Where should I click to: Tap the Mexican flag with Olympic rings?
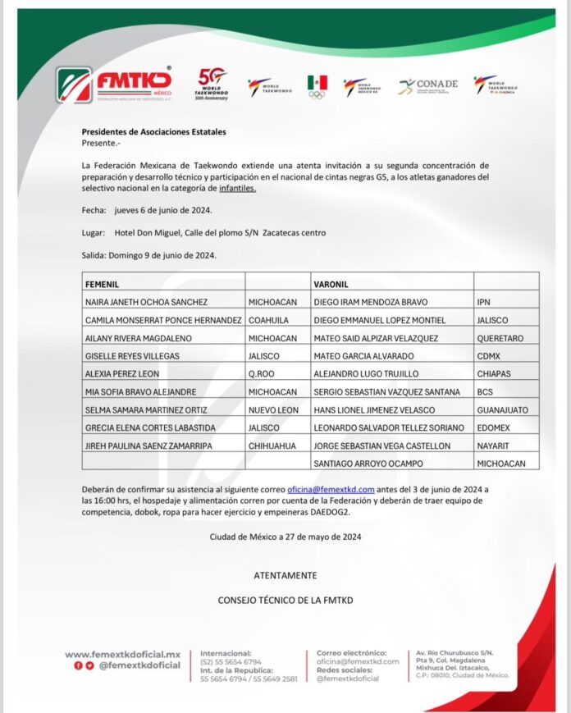coord(317,86)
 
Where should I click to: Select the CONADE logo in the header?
coord(428,85)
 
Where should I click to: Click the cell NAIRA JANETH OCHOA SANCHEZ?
coord(146,301)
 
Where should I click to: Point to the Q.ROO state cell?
coord(260,373)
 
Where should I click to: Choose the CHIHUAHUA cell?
coord(273,445)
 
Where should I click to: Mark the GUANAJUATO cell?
coord(503,409)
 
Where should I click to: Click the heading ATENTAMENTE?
coord(285,575)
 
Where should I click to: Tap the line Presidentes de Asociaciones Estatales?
coord(153,131)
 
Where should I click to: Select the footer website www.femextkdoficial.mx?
coord(122,654)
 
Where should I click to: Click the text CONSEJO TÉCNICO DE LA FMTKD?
coord(285,600)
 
